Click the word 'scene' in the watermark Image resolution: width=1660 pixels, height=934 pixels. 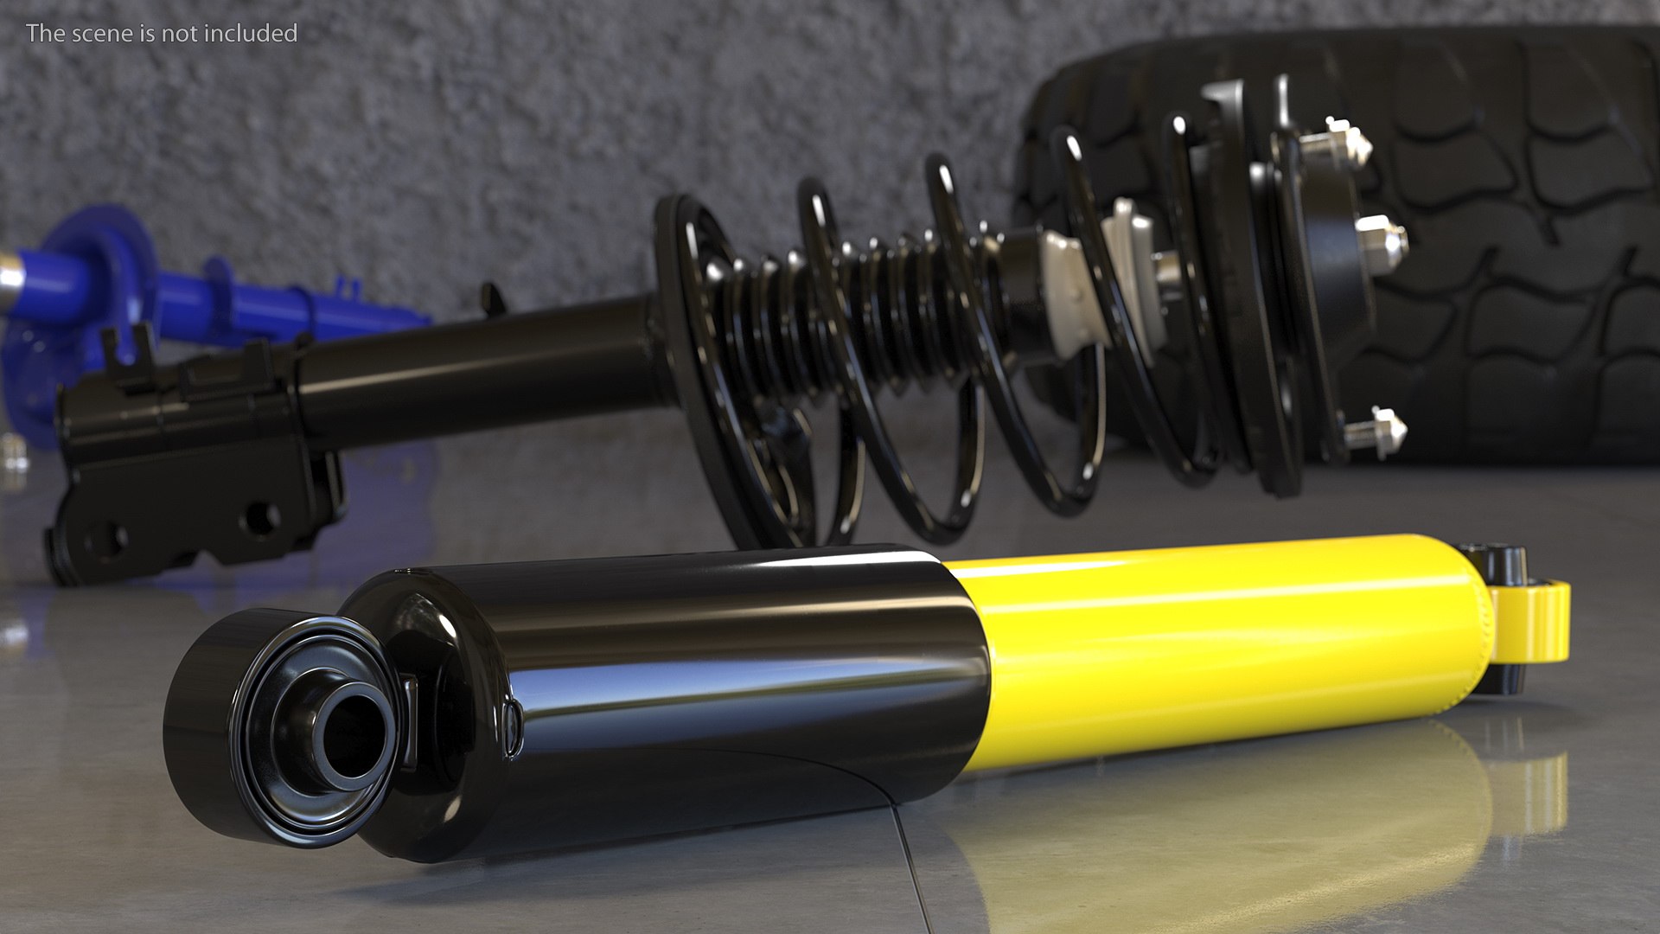[100, 33]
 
